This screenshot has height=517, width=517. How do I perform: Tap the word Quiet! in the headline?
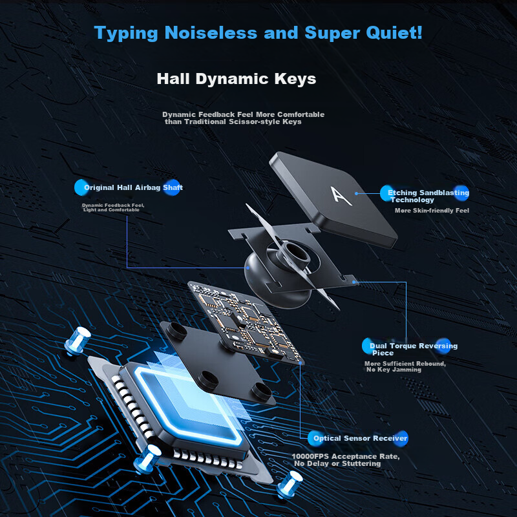pos(394,33)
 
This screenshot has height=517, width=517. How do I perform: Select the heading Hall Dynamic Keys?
pos(237,79)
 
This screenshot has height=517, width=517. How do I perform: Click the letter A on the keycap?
pos(341,196)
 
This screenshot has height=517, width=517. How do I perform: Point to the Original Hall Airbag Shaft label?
pos(133,187)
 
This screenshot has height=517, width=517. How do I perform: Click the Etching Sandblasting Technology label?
pos(428,196)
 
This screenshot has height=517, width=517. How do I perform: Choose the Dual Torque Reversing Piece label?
pos(414,349)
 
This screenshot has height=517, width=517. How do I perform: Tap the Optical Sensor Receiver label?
pos(361,438)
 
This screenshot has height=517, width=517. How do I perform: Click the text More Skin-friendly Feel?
pos(432,211)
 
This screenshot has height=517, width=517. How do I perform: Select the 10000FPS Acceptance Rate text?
pos(346,456)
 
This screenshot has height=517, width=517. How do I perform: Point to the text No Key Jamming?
pos(394,370)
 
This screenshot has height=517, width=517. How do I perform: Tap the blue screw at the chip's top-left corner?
pos(77,341)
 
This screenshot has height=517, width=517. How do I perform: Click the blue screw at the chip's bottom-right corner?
pos(290,484)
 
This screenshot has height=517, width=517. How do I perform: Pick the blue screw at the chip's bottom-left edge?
pos(148,458)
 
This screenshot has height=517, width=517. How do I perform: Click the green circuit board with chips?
pos(246,322)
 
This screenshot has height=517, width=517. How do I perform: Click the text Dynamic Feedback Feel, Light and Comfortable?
pos(112,207)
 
